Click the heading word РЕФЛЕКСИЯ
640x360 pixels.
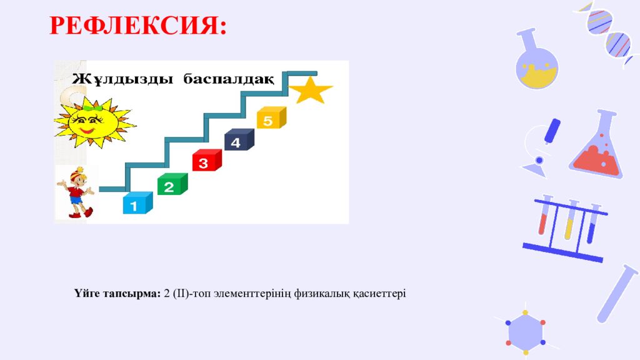[137, 26]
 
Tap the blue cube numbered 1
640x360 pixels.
[136, 204]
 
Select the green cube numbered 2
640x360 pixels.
[171, 184]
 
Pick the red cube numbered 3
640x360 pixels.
[206, 161]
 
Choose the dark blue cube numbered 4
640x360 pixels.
[238, 141]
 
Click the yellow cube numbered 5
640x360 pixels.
[271, 119]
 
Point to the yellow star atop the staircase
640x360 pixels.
[311, 90]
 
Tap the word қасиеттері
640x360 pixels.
[381, 293]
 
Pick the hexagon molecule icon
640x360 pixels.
[525, 331]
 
